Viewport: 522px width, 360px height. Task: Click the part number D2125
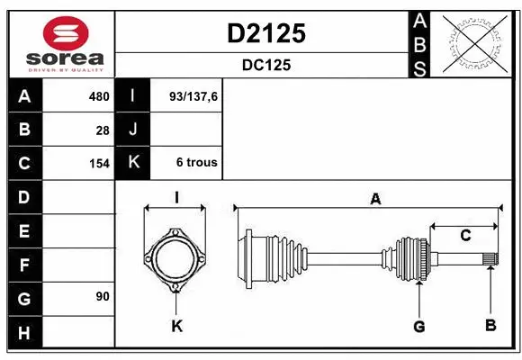click(x=265, y=33)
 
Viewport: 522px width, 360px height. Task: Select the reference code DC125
click(x=265, y=65)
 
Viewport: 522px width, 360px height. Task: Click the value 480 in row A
click(x=98, y=96)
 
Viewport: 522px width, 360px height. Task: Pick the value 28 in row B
click(x=103, y=130)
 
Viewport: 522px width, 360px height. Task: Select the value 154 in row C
click(x=98, y=163)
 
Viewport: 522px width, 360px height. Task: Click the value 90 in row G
click(x=103, y=295)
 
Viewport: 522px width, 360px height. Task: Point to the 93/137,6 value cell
click(x=193, y=96)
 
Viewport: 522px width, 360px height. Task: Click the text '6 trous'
click(x=196, y=163)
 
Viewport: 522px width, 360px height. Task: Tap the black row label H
click(x=24, y=334)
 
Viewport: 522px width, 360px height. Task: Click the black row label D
click(x=24, y=196)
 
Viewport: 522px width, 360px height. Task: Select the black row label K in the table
click(x=133, y=163)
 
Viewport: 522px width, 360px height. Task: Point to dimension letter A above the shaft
click(x=375, y=200)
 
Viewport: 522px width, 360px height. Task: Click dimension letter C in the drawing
click(x=465, y=236)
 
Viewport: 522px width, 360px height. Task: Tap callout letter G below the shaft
click(x=418, y=325)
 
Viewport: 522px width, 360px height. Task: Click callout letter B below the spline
click(x=490, y=325)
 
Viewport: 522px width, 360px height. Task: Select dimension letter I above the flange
click(x=177, y=197)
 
